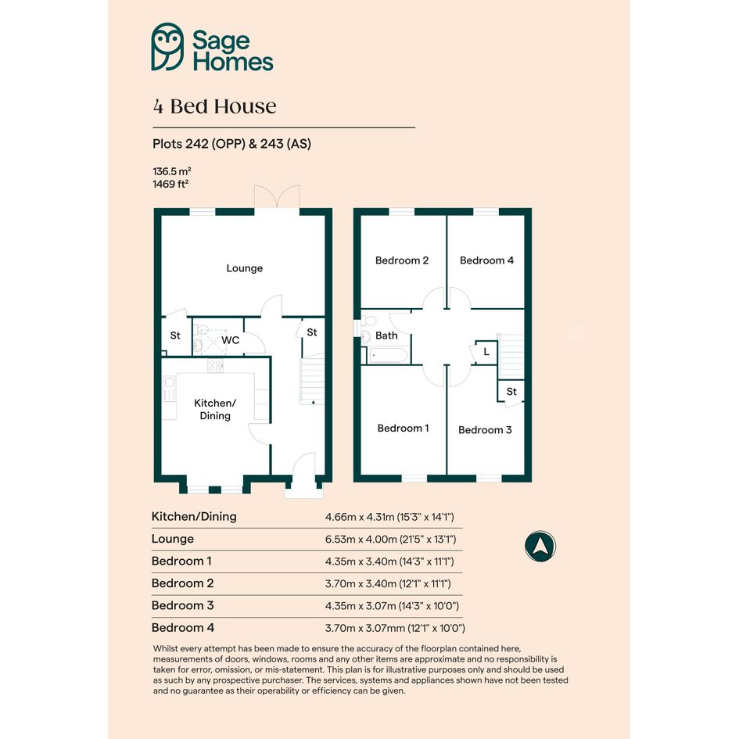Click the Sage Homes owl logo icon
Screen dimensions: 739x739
(x=167, y=47)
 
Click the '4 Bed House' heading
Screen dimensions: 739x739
(x=214, y=106)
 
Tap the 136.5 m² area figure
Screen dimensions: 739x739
(x=171, y=171)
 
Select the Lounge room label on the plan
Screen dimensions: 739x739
(x=245, y=268)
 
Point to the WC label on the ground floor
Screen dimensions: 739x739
(x=230, y=340)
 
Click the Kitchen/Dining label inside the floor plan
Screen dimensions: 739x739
(x=215, y=409)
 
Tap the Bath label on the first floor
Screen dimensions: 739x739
(x=386, y=335)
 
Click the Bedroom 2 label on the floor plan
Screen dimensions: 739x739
(x=402, y=260)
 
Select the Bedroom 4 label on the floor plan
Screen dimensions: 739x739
(x=487, y=260)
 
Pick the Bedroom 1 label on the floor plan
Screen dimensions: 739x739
(x=403, y=428)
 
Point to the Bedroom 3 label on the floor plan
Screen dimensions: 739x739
(x=485, y=430)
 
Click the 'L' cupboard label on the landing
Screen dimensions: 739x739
(x=486, y=352)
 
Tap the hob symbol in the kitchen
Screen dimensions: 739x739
(x=215, y=365)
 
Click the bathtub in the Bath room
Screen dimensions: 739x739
(x=389, y=355)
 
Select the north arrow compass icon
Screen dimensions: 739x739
(x=540, y=547)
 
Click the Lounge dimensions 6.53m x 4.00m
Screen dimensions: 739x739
(x=391, y=539)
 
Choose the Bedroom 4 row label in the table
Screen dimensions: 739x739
(x=183, y=628)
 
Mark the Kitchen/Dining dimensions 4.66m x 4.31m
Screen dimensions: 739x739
(x=389, y=517)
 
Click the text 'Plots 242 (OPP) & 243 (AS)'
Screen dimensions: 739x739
(x=232, y=144)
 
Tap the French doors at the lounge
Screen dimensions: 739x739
(x=277, y=197)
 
